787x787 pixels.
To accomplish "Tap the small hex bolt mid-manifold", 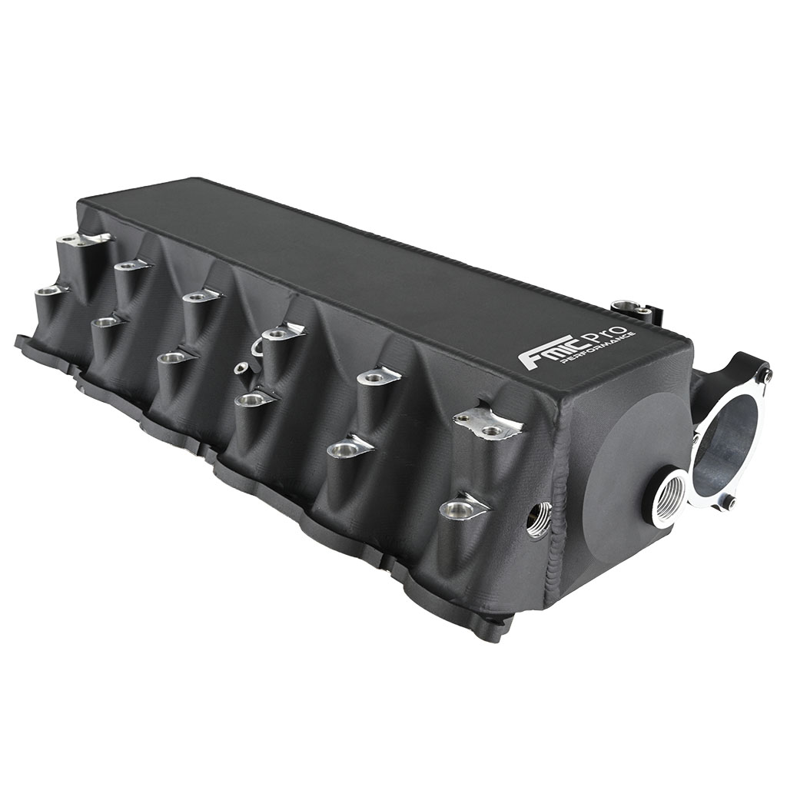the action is click(241, 370).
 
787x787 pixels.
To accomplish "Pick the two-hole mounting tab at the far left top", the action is click(84, 241).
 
